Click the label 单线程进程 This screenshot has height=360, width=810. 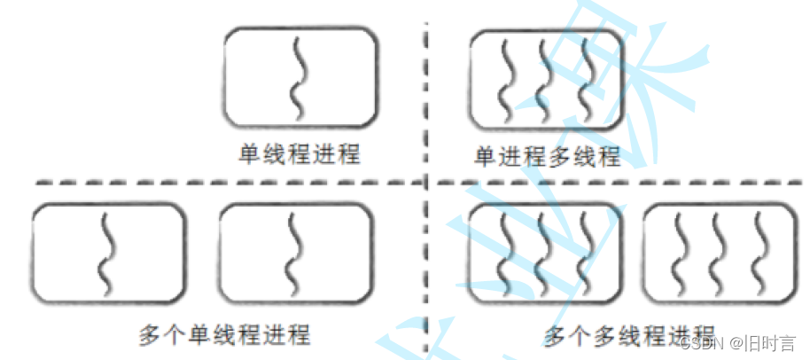300,153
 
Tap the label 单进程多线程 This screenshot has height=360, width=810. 547,157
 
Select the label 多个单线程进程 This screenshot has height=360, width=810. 224,336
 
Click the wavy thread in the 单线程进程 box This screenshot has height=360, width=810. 299,78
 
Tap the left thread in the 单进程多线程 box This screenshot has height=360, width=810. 505,80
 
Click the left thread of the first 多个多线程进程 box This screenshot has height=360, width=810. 505,254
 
